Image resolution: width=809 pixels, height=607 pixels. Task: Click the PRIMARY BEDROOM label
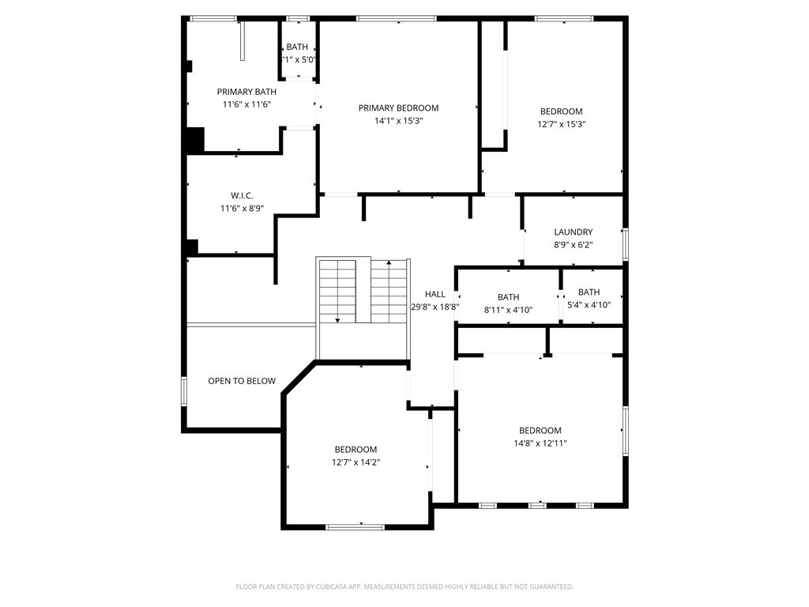coord(398,108)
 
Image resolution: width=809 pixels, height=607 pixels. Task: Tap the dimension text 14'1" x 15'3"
coord(398,121)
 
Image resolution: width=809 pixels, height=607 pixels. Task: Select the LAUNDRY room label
coord(573,232)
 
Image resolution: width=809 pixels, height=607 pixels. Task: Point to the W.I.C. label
coord(242,195)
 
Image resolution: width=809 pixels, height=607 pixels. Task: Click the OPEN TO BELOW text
coord(242,381)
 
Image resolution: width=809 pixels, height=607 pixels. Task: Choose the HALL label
coord(435,294)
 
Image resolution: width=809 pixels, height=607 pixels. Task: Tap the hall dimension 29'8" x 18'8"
coord(435,307)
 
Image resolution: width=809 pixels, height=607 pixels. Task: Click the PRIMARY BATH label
coord(246,92)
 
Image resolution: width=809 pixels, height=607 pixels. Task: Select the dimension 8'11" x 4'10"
coord(508,310)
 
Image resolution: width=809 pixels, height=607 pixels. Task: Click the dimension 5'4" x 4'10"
coord(589,304)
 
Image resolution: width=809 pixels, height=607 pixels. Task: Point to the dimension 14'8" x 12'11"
coord(540,443)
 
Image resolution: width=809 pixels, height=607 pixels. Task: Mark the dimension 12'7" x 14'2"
coord(356,462)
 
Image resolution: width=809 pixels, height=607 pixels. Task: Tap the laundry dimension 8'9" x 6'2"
coord(573,245)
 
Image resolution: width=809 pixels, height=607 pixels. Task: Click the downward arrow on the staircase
coord(337,319)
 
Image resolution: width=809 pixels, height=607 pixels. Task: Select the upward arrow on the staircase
coord(388,262)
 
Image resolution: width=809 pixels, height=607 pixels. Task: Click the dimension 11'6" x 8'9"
coord(242,209)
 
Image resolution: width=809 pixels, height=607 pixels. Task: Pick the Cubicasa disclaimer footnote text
coord(404,586)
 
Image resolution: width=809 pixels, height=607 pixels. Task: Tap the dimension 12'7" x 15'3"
coord(561,124)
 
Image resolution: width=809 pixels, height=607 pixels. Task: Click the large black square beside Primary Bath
coord(194,140)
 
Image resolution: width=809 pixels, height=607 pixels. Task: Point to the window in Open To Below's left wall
coord(184,391)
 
